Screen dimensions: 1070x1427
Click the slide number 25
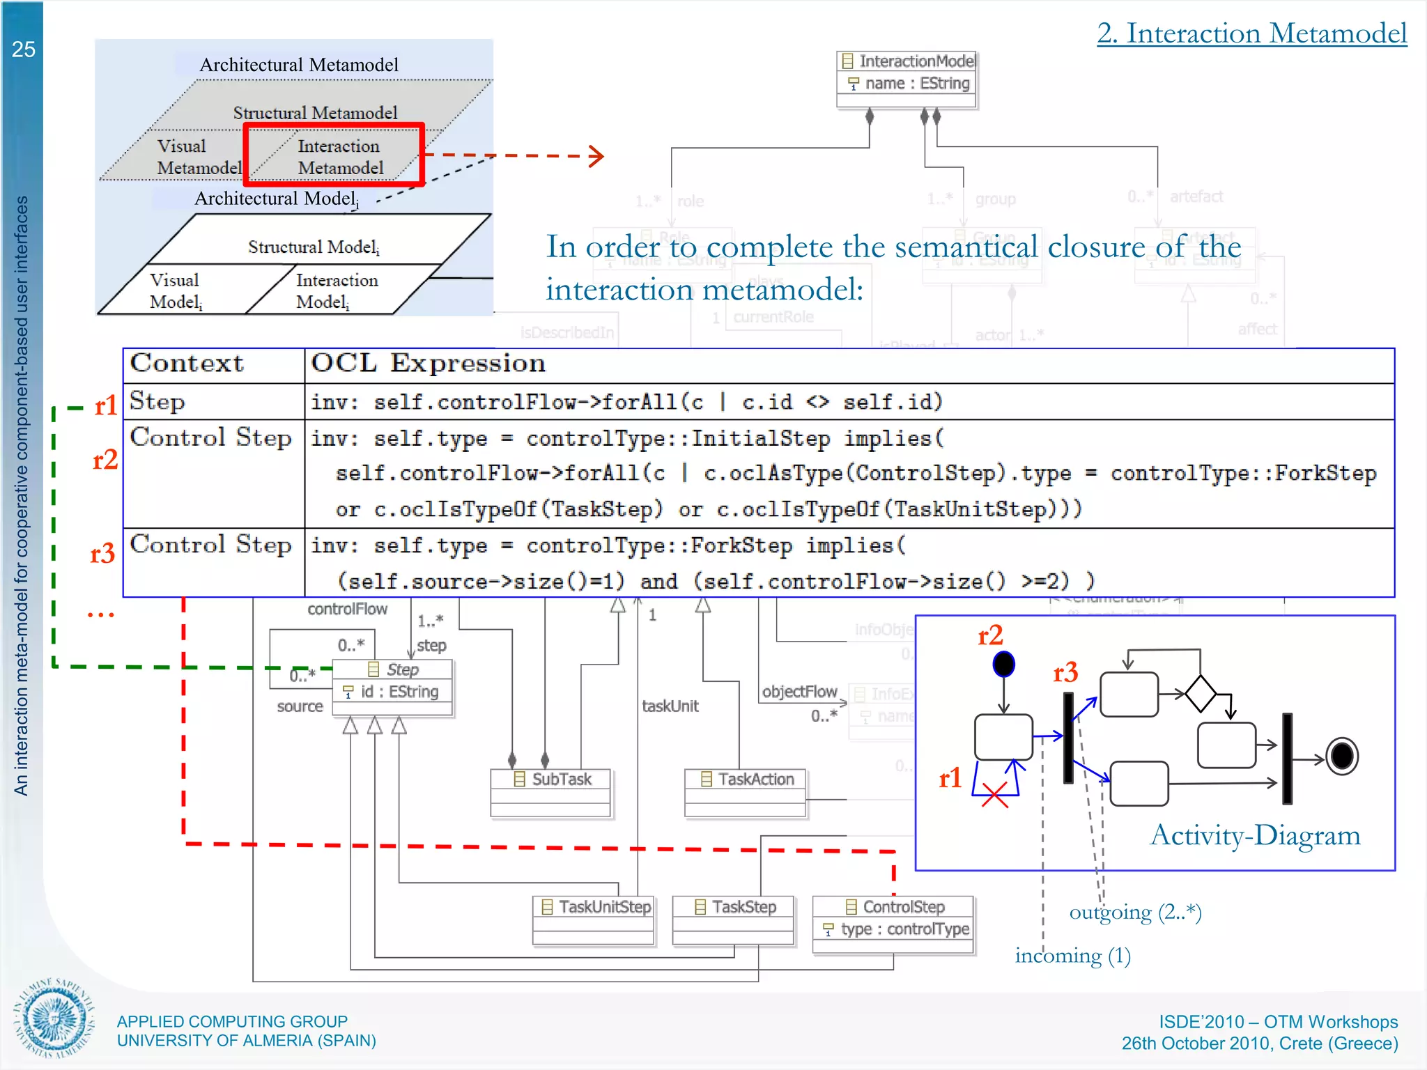tap(23, 49)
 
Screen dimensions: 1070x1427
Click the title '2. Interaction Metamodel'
tap(1251, 33)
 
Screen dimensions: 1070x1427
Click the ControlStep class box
tap(893, 924)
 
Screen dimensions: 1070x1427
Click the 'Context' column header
tap(187, 364)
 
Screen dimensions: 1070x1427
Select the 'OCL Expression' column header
tap(428, 364)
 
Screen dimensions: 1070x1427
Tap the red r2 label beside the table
tap(105, 460)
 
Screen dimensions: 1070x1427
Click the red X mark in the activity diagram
tap(994, 795)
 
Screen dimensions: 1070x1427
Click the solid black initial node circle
tap(1003, 664)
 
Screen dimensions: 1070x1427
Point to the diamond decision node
tap(1201, 693)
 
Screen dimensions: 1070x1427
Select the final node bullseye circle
tap(1342, 757)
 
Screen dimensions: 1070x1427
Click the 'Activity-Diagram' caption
tap(1255, 835)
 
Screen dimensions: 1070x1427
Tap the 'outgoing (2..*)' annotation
tap(1135, 912)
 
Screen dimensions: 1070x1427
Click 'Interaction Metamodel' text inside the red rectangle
tap(340, 157)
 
